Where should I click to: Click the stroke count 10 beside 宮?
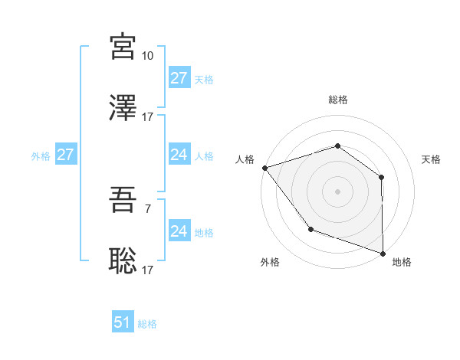click(x=148, y=56)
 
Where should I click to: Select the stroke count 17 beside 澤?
click(x=148, y=117)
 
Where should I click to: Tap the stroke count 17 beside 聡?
click(x=148, y=270)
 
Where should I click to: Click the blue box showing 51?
click(x=123, y=322)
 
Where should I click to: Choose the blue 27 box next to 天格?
click(x=179, y=78)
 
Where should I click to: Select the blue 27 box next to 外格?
click(x=66, y=155)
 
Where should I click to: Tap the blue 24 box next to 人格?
click(x=179, y=155)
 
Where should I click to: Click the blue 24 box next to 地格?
click(x=179, y=231)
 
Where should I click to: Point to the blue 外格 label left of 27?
click(x=41, y=155)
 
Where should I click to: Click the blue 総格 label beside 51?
click(x=147, y=324)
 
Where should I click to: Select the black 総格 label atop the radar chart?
click(x=337, y=100)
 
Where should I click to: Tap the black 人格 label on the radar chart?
click(x=245, y=159)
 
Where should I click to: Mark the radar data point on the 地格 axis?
click(x=383, y=253)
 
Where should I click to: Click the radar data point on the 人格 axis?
click(x=264, y=167)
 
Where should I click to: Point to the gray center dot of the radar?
click(x=337, y=191)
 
